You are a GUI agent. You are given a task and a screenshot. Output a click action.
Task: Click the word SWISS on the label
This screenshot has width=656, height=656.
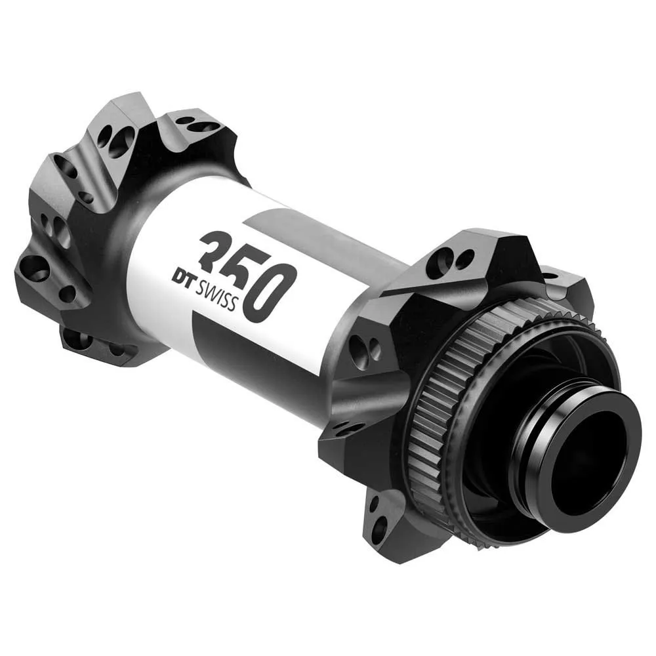click(x=216, y=292)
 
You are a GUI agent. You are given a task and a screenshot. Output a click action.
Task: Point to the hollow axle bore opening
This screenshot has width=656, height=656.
click(x=584, y=459)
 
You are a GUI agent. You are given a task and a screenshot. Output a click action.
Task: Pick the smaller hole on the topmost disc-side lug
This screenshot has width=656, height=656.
click(x=464, y=258)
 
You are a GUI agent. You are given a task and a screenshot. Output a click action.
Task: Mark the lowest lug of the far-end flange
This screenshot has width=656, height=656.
click(x=85, y=341)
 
